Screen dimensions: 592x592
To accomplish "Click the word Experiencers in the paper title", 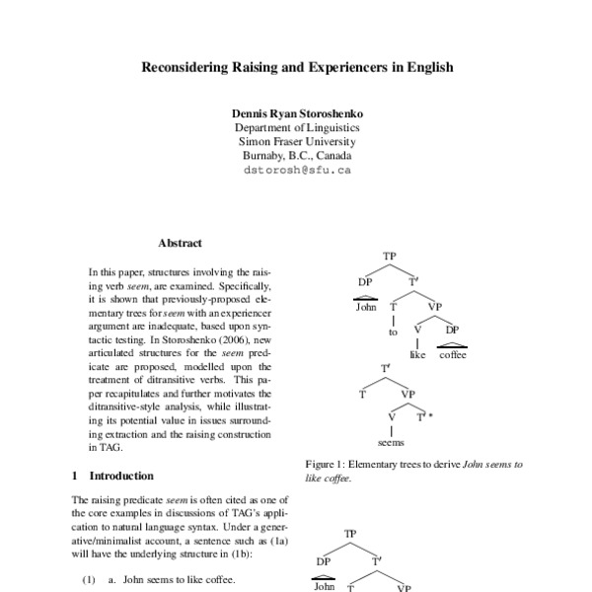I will tap(364, 68).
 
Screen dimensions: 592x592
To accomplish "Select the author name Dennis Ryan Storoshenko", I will tap(296, 113).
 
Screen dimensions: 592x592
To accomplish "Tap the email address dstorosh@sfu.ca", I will tap(296, 170).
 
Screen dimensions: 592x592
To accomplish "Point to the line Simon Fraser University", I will tap(296, 141).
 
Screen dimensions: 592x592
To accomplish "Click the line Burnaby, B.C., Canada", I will tap(296, 155).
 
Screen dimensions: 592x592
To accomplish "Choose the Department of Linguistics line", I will tap(296, 127).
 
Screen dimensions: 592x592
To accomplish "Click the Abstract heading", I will tap(180, 243).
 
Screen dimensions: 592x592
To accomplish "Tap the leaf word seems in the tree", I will tap(392, 443).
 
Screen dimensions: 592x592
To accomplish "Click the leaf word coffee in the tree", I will tap(453, 355).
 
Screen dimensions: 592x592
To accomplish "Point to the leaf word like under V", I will tap(417, 355).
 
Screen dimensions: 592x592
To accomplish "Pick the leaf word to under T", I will tap(392, 333).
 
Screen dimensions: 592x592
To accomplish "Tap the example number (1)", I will tap(88, 580).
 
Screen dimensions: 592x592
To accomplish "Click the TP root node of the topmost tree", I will tap(389, 257).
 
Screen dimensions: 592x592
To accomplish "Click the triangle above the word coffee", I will tap(452, 343).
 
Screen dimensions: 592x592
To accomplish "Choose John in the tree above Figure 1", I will tap(366, 307).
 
